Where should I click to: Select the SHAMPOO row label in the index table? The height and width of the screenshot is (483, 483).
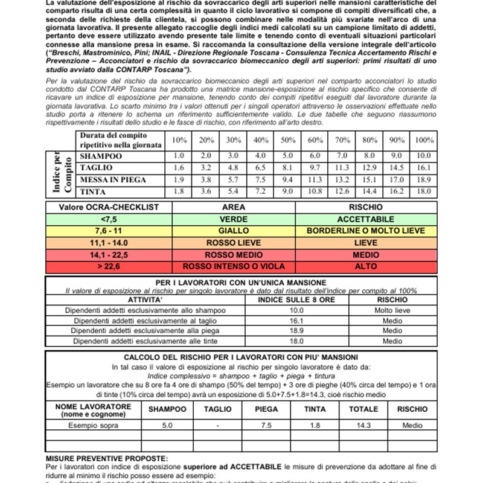click(101, 156)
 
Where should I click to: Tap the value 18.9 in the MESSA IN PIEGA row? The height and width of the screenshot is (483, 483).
click(424, 179)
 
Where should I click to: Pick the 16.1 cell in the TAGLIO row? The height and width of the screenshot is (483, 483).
click(424, 168)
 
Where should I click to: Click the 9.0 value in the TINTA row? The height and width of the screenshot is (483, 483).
click(288, 191)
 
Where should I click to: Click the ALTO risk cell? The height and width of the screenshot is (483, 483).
click(366, 266)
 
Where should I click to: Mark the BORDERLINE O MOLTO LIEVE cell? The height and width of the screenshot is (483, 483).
click(366, 231)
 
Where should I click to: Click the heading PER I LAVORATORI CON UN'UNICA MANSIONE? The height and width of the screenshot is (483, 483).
click(241, 283)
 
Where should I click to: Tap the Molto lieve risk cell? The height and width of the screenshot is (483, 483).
click(392, 310)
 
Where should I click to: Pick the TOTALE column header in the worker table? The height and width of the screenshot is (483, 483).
click(363, 409)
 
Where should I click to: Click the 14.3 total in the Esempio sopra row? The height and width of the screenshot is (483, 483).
click(363, 425)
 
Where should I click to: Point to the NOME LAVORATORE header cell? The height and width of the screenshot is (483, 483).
click(93, 410)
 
